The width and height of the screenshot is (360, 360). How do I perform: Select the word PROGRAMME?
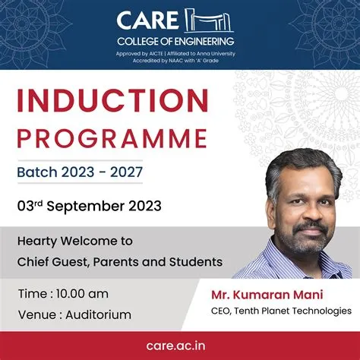pyautogui.click(x=112, y=138)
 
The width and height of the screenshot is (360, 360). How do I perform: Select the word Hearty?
pyautogui.click(x=38, y=241)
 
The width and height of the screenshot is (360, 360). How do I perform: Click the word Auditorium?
pyautogui.click(x=96, y=314)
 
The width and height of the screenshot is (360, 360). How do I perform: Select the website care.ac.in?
pyautogui.click(x=180, y=346)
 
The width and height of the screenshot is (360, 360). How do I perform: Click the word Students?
pyautogui.click(x=198, y=262)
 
